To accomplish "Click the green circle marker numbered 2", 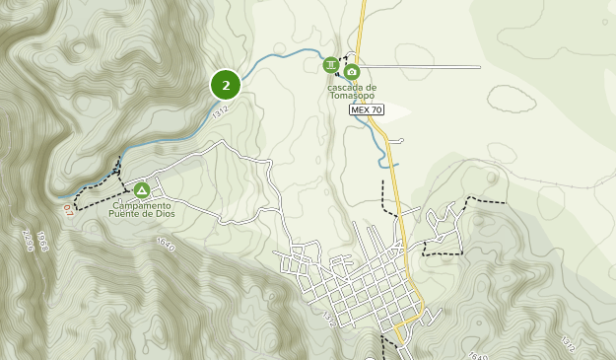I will [226, 85].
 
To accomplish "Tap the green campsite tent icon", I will [142, 190].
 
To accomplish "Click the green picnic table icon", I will [331, 65].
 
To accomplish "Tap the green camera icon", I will [352, 71].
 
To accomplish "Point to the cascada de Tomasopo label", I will [352, 91].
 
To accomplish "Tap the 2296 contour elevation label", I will [28, 242].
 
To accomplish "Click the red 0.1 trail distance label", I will [67, 210].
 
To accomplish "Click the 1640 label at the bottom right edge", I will [478, 356].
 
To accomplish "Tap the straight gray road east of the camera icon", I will [424, 67].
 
